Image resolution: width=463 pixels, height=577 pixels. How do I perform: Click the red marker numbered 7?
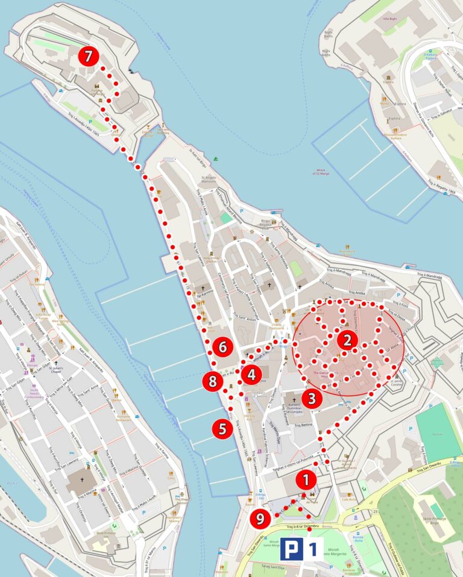click(89, 57)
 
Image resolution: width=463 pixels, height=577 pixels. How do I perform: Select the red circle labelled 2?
click(347, 340)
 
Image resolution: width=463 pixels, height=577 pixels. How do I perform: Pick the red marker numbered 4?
click(251, 375)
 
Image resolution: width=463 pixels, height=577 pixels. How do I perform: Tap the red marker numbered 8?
click(212, 381)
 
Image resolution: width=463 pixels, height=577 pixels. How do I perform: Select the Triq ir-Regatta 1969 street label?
click(440, 186)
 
